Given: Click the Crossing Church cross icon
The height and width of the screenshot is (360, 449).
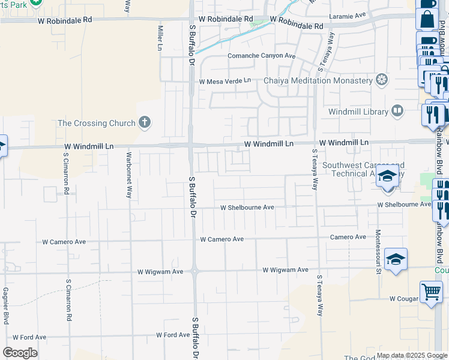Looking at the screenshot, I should click(x=144, y=123).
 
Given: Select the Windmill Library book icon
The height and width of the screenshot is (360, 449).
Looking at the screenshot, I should click(x=397, y=111).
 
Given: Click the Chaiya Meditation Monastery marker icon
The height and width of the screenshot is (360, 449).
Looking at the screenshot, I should click(x=381, y=80).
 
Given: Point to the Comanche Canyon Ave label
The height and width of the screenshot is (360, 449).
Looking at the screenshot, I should click(x=262, y=56).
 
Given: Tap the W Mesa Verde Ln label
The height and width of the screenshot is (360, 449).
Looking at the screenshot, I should click(x=225, y=81).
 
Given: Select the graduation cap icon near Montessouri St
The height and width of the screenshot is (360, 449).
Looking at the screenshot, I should click(x=396, y=259).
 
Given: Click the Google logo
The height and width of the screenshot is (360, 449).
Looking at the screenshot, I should click(x=20, y=353).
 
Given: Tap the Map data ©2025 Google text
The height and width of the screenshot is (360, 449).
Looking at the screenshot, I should click(x=412, y=355).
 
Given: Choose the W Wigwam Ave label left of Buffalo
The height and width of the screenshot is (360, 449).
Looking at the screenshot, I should click(x=160, y=271).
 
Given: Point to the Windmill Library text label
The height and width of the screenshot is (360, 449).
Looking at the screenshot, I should click(x=358, y=112).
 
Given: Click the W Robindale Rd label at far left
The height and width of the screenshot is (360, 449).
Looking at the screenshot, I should click(x=65, y=20).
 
